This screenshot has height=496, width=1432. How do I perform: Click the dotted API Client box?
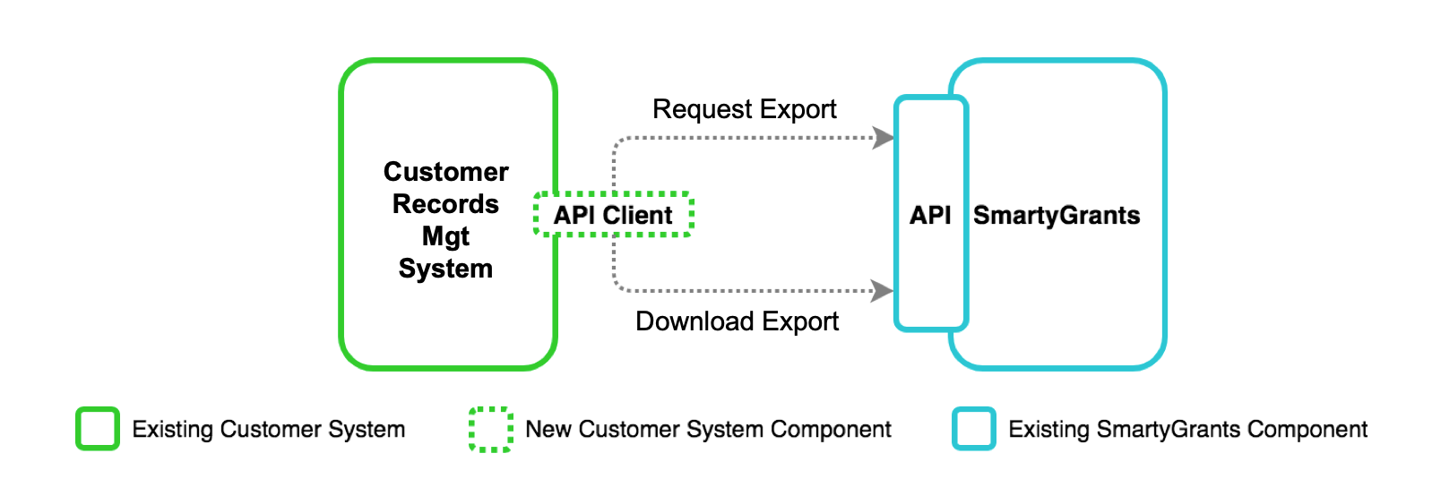coord(613,215)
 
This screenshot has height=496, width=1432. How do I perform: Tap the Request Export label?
coord(744,109)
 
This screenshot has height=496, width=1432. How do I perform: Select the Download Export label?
coord(737,321)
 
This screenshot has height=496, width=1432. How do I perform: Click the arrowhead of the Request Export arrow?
coord(884,138)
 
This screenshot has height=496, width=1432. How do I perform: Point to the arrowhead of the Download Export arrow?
coord(883,290)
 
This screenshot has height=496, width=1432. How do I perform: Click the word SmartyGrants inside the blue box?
coord(1057,216)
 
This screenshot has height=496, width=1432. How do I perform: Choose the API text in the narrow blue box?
coord(930,216)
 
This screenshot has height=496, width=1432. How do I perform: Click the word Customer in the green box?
coord(445,172)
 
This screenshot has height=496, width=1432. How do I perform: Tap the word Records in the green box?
coord(445,204)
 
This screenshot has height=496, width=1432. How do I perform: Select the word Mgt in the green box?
coord(445,236)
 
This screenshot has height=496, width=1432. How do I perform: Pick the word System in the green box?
coord(445,269)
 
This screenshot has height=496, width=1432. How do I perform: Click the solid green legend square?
coord(98,429)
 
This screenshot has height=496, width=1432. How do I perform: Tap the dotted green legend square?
coord(491,429)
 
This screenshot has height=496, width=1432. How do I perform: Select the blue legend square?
coord(974,429)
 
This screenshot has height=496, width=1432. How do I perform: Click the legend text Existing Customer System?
coord(269,430)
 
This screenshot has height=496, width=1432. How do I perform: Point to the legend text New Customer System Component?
coord(708,430)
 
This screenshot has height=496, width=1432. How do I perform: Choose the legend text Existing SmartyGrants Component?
coord(1187,430)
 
